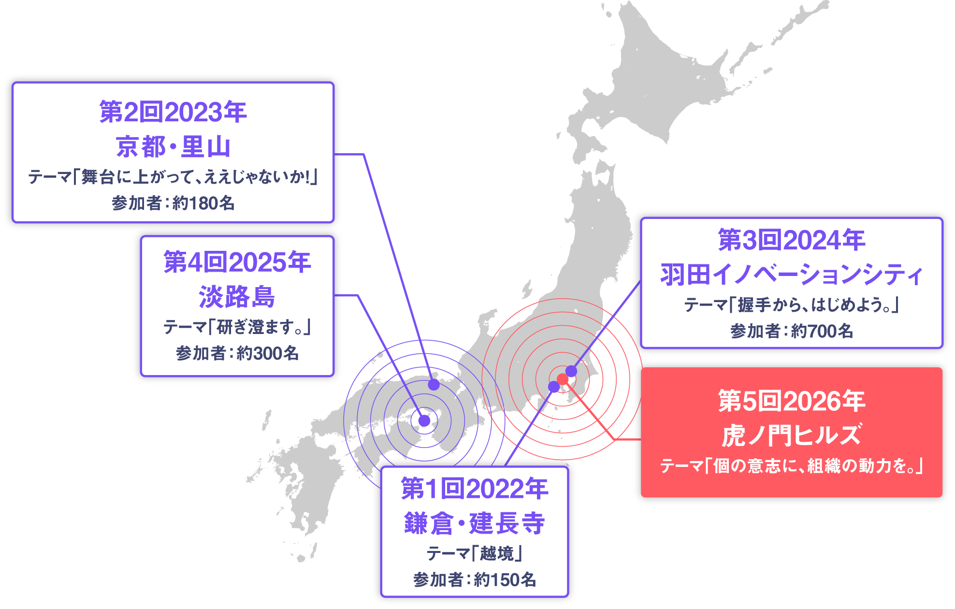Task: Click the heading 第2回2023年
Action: pyautogui.click(x=173, y=112)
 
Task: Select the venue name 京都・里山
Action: pyautogui.click(x=173, y=146)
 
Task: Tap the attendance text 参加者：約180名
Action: pyautogui.click(x=173, y=203)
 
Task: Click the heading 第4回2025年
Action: pyautogui.click(x=237, y=262)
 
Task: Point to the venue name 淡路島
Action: pyautogui.click(x=237, y=296)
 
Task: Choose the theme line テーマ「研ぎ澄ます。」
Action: pyautogui.click(x=237, y=327)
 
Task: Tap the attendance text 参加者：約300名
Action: pyautogui.click(x=237, y=353)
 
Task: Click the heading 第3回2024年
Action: pyautogui.click(x=791, y=240)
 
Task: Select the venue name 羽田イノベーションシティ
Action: pyautogui.click(x=791, y=275)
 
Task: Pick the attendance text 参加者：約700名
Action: pyautogui.click(x=791, y=331)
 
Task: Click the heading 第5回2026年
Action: pyautogui.click(x=791, y=401)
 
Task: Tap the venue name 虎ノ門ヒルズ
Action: pyautogui.click(x=791, y=435)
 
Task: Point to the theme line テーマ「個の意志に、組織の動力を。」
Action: pyautogui.click(x=791, y=466)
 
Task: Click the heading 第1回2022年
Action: pyautogui.click(x=475, y=489)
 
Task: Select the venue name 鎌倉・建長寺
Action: pyautogui.click(x=475, y=523)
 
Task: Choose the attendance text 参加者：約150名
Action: pyautogui.click(x=475, y=580)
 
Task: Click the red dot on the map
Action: pyautogui.click(x=563, y=379)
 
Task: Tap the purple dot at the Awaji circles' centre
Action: pyautogui.click(x=424, y=420)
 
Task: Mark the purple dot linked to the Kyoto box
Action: pyautogui.click(x=434, y=385)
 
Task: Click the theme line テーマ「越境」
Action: pyautogui.click(x=475, y=553)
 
